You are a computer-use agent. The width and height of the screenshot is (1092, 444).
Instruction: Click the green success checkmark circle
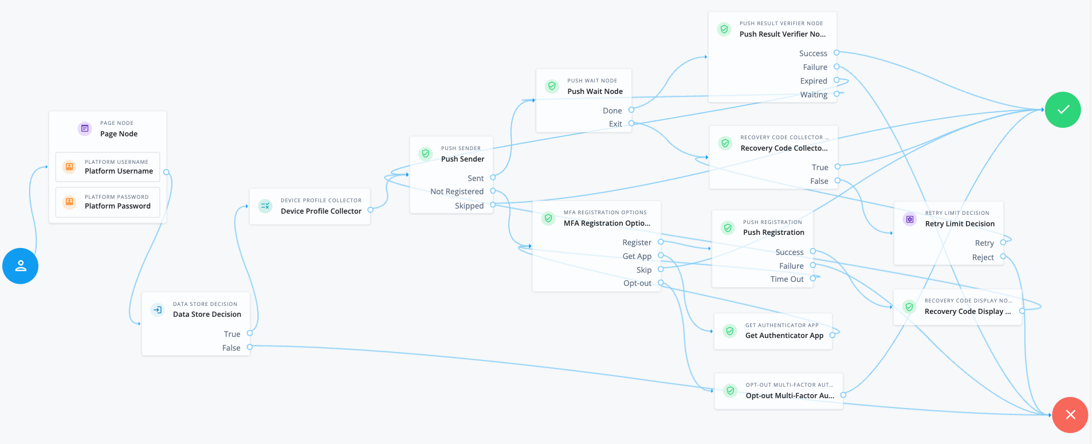click(1062, 109)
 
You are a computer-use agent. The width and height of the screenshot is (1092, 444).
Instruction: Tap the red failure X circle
click(1070, 415)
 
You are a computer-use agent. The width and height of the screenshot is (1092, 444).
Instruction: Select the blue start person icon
click(21, 266)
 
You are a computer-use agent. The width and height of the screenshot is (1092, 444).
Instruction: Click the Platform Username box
click(108, 167)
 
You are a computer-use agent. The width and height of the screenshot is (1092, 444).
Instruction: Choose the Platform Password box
click(108, 202)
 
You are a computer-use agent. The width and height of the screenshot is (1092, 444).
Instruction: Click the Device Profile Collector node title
click(321, 211)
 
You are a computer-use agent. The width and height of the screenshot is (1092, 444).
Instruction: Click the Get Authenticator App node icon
click(729, 331)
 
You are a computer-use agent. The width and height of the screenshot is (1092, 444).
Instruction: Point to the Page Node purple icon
click(85, 128)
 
